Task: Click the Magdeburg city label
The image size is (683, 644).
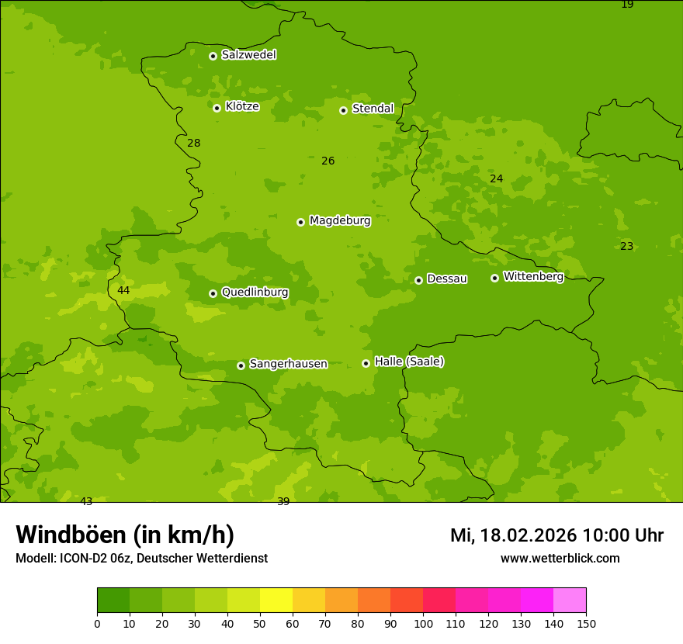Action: pyautogui.click(x=340, y=221)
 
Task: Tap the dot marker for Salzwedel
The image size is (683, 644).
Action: pyautogui.click(x=213, y=56)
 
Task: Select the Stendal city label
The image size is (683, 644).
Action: pyautogui.click(x=373, y=109)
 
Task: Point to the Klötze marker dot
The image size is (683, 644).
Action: pyautogui.click(x=217, y=108)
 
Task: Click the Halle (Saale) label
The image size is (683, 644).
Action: pyautogui.click(x=409, y=362)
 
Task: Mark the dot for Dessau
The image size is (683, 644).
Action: pyautogui.click(x=418, y=280)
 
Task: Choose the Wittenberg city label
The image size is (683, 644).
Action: pyautogui.click(x=533, y=276)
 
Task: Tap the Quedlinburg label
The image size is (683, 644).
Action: pyautogui.click(x=255, y=293)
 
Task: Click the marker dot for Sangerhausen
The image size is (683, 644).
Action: pyautogui.click(x=241, y=365)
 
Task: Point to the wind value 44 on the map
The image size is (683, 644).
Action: pyautogui.click(x=123, y=291)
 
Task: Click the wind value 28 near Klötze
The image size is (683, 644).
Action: pyautogui.click(x=194, y=143)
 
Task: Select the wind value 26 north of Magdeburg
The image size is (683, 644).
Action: pyautogui.click(x=328, y=161)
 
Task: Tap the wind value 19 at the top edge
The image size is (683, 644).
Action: pyautogui.click(x=627, y=5)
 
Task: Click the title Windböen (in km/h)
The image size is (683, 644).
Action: pyautogui.click(x=125, y=535)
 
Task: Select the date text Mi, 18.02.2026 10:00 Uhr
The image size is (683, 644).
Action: pyautogui.click(x=556, y=535)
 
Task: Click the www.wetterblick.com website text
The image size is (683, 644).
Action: pyautogui.click(x=560, y=558)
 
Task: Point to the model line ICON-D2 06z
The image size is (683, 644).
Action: pyautogui.click(x=141, y=558)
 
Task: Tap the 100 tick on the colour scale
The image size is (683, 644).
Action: pyautogui.click(x=423, y=623)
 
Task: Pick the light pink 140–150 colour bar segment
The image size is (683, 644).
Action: pyautogui.click(x=570, y=601)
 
